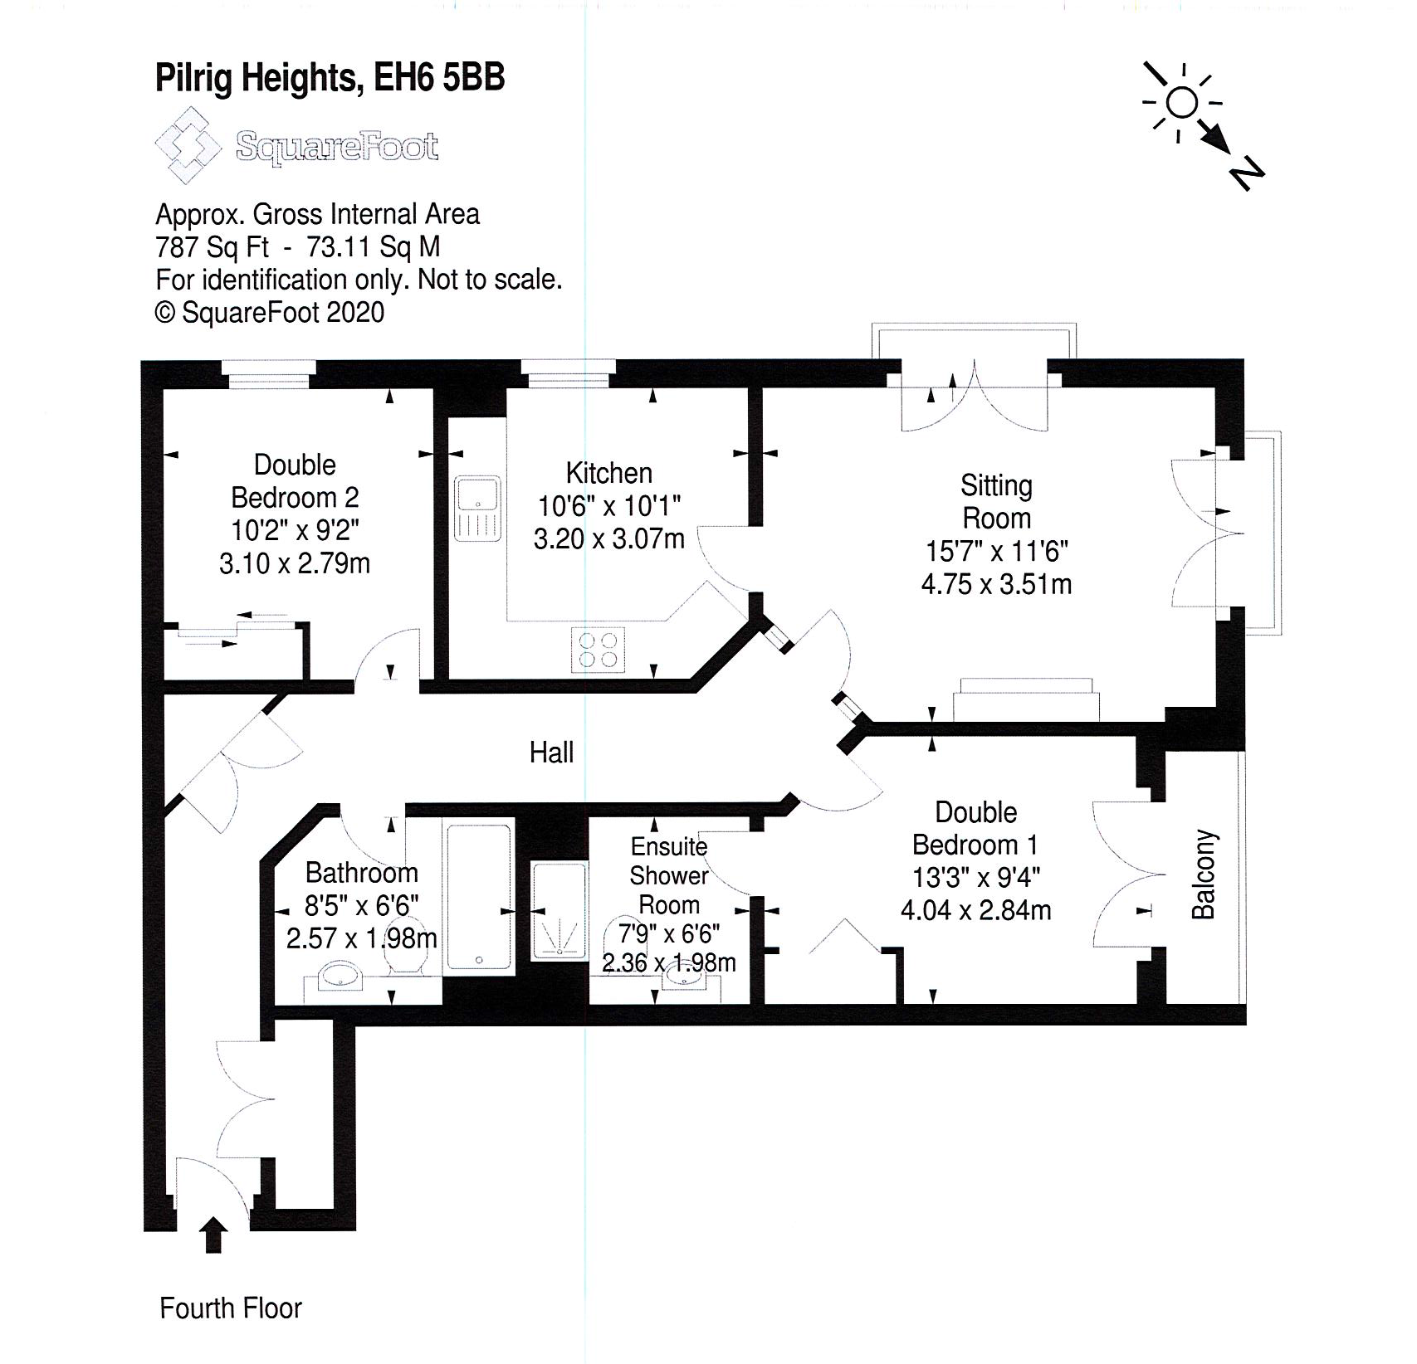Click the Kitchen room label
pyautogui.click(x=608, y=473)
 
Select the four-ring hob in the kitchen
pyautogui.click(x=599, y=650)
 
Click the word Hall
pyautogui.click(x=551, y=753)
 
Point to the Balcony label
pyautogui.click(x=1204, y=874)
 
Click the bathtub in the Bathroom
pyautogui.click(x=479, y=897)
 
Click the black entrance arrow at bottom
pyautogui.click(x=214, y=1234)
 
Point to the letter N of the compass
pyautogui.click(x=1246, y=177)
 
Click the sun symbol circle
pyautogui.click(x=1181, y=103)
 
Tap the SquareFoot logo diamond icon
pyautogui.click(x=188, y=145)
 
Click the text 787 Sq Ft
pyautogui.click(x=213, y=247)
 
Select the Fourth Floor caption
pyautogui.click(x=230, y=1308)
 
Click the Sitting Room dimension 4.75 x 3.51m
pyautogui.click(x=996, y=584)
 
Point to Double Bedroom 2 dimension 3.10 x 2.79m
pyautogui.click(x=295, y=563)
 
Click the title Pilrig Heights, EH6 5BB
pyautogui.click(x=330, y=79)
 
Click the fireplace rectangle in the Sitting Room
pyautogui.click(x=1026, y=699)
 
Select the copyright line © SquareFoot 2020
pyautogui.click(x=270, y=313)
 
